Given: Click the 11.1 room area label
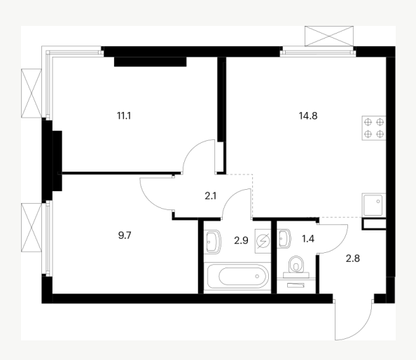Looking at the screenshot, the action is point(124,116).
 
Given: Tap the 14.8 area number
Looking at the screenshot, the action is point(308,116).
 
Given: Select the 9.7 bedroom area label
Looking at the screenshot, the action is point(125,235).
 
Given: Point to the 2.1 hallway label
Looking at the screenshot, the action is point(211,196).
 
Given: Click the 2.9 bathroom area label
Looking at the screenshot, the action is point(241,240).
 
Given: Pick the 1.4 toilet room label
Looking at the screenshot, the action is point(308,239).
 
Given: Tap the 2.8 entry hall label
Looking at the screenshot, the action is point(353,258).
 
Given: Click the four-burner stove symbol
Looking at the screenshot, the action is point(374,128).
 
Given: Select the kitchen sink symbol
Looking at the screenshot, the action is point(373,205).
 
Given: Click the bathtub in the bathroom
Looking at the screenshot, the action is point(237,276).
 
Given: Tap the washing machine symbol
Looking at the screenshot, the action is point(263,241).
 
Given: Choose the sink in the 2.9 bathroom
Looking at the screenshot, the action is point(214,242).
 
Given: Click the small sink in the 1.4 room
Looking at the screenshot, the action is point(284,239).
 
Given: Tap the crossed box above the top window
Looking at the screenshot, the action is point(329,36).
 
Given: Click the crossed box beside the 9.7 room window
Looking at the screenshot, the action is point(32,228).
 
